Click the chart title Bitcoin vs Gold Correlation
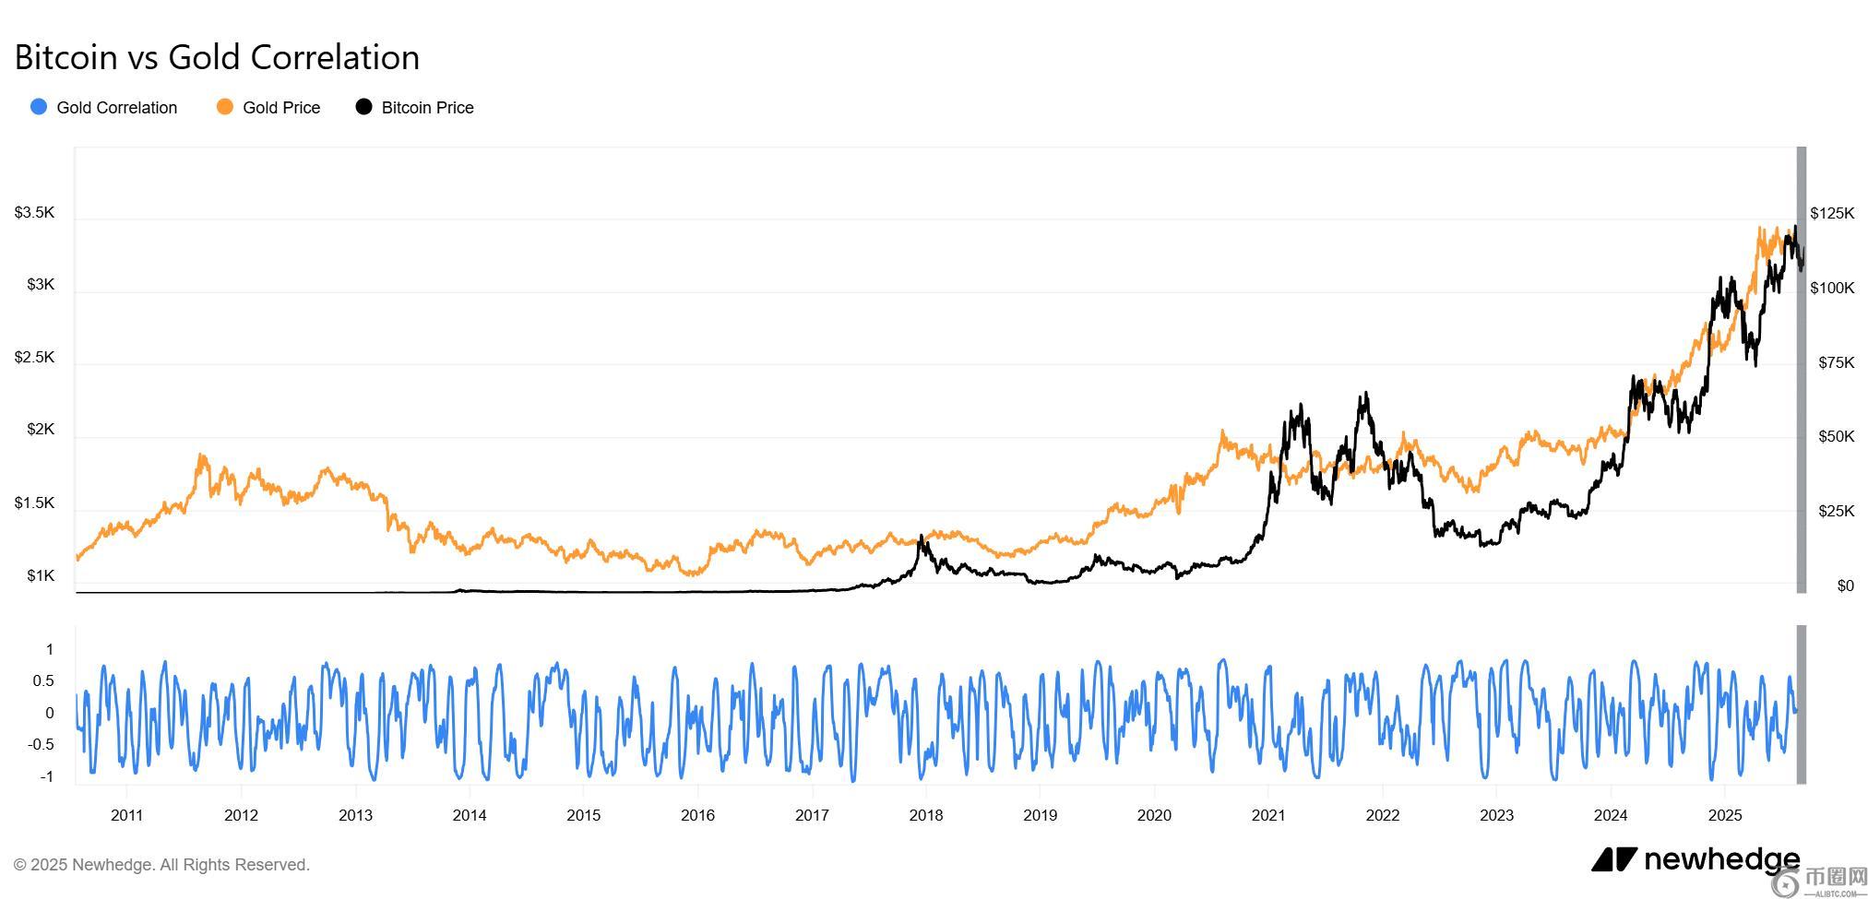pyautogui.click(x=217, y=57)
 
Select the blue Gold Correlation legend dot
pyautogui.click(x=39, y=107)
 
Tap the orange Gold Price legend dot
pyautogui.click(x=224, y=107)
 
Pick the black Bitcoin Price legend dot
pyautogui.click(x=364, y=107)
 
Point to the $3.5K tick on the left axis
pyautogui.click(x=34, y=213)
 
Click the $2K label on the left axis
pyautogui.click(x=41, y=430)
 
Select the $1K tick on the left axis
pyautogui.click(x=41, y=576)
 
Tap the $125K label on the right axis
pyautogui.click(x=1831, y=214)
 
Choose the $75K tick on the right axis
pyautogui.click(x=1836, y=363)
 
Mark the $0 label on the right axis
pyautogui.click(x=1845, y=586)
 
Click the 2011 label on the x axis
pyautogui.click(x=126, y=815)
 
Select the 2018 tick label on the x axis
pyautogui.click(x=925, y=815)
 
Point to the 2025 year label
pyautogui.click(x=1724, y=815)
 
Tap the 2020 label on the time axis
pyautogui.click(x=1154, y=815)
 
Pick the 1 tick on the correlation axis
pyautogui.click(x=49, y=650)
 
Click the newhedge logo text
pyautogui.click(x=1720, y=859)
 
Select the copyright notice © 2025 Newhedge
pyautogui.click(x=161, y=865)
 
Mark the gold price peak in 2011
pyautogui.click(x=201, y=455)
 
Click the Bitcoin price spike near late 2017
pyautogui.click(x=921, y=537)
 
